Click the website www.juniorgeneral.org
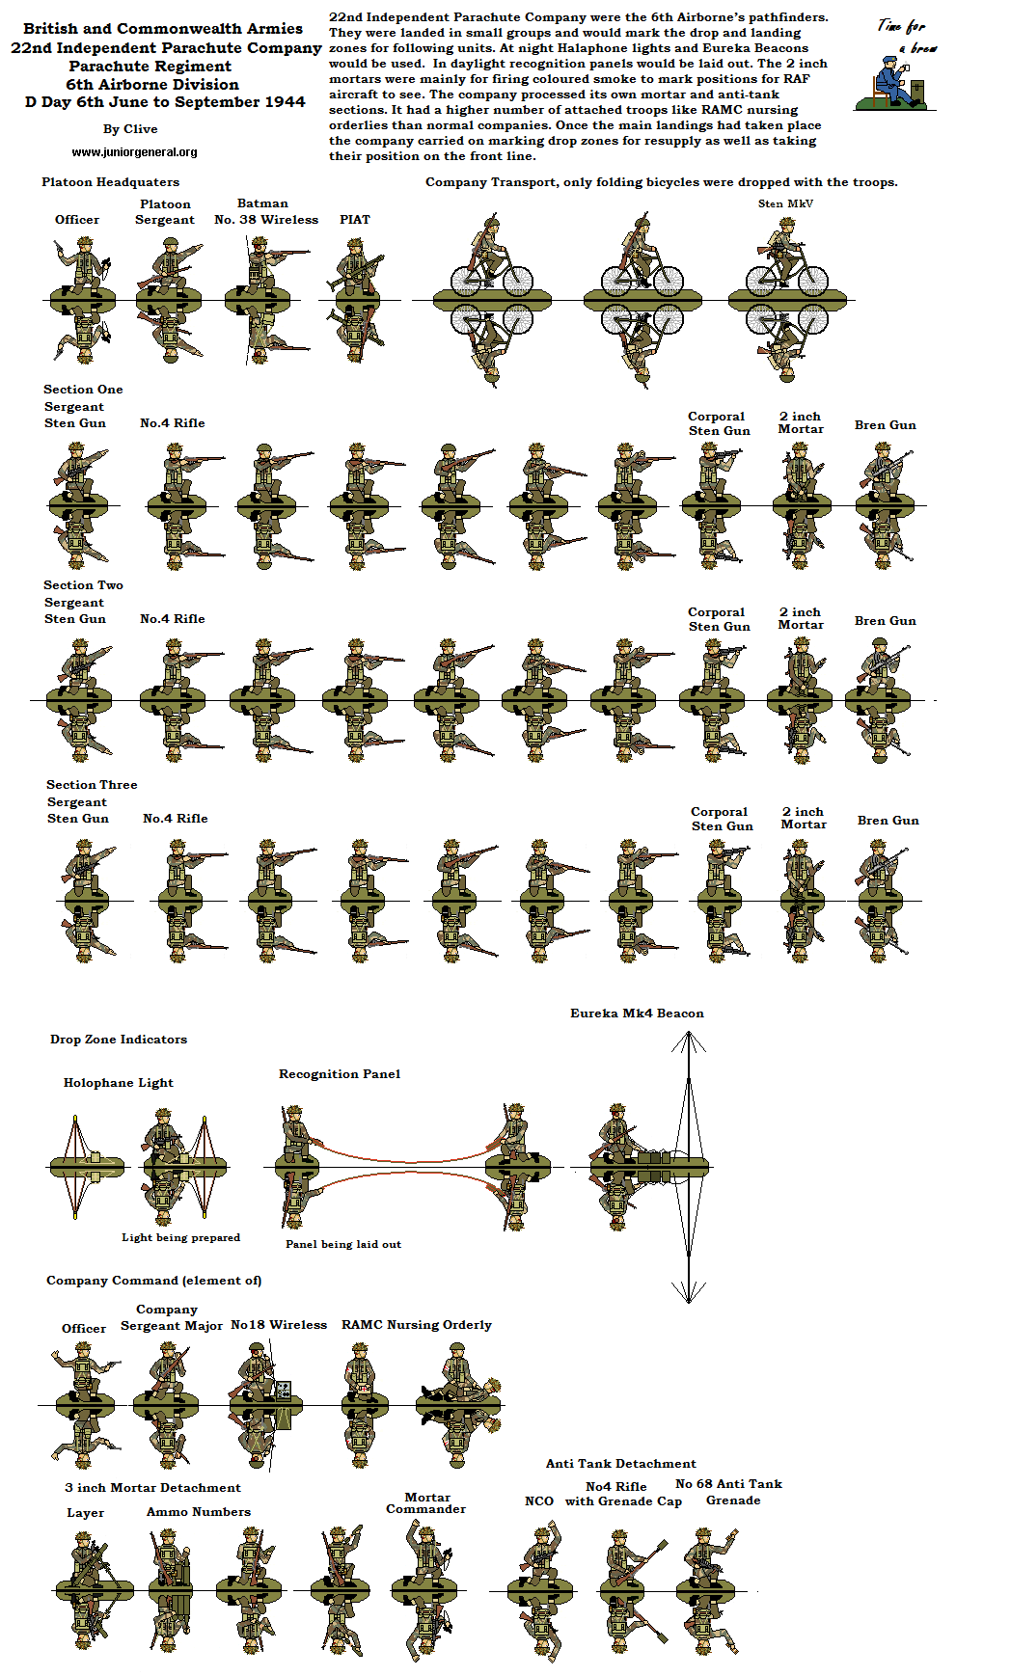tap(134, 152)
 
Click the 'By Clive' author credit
tap(130, 129)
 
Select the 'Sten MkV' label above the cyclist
tap(785, 203)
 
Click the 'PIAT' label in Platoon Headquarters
tap(354, 220)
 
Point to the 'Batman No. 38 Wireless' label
tap(265, 212)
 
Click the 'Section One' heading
tap(83, 390)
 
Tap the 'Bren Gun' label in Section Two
tap(885, 621)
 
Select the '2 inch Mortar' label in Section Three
tap(804, 819)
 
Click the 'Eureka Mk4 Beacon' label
tap(637, 1014)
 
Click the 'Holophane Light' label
tap(118, 1083)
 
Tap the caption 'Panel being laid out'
tap(343, 1245)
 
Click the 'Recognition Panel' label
tap(340, 1074)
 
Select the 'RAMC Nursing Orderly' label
tap(416, 1325)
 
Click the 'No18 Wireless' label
tap(278, 1325)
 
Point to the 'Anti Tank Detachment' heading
tap(620, 1464)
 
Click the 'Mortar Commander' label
tap(426, 1503)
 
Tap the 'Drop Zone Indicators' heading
tap(119, 1040)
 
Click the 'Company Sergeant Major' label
tap(171, 1317)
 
